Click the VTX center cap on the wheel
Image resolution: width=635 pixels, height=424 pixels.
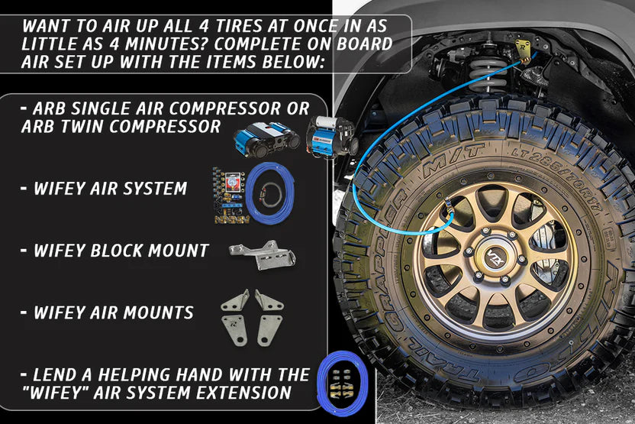pyautogui.click(x=495, y=257)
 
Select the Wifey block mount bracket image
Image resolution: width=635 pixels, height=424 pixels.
pyautogui.click(x=263, y=254)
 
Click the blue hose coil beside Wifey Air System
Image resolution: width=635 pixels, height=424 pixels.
pyautogui.click(x=269, y=193)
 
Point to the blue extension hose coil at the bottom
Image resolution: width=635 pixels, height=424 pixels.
pyautogui.click(x=342, y=383)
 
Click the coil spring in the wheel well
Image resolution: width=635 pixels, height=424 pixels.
pyautogui.click(x=488, y=75)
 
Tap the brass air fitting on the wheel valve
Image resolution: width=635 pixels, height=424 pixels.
pyautogui.click(x=449, y=207)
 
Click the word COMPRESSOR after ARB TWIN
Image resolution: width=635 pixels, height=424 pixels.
pyautogui.click(x=165, y=127)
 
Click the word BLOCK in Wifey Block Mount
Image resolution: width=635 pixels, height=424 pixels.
pyautogui.click(x=116, y=251)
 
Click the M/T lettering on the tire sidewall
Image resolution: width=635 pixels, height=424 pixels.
pyautogui.click(x=453, y=160)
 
